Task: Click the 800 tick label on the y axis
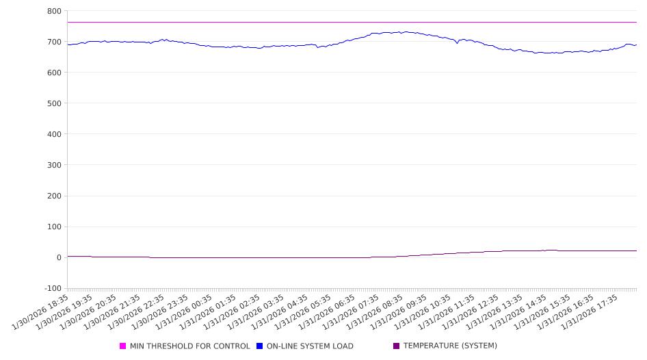54,11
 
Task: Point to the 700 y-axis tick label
54,42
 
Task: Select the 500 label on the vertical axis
54,103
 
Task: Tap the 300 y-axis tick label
54,165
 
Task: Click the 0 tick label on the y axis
59,257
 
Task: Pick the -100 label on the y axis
52,288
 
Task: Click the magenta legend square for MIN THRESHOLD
123,346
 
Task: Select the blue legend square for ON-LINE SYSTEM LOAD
260,346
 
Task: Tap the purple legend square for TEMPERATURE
397,346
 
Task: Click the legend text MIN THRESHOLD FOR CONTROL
190,346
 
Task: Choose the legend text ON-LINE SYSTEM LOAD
310,346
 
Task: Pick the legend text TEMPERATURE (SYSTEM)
450,346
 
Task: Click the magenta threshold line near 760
274,23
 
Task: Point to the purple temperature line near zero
274,257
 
